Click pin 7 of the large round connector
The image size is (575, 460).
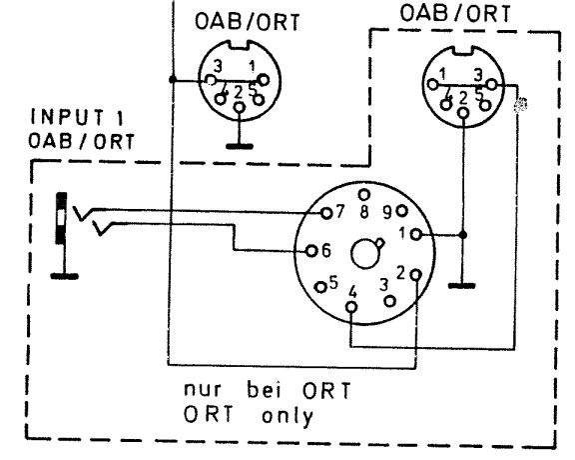pos(326,213)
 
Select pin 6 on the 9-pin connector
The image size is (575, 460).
pos(311,251)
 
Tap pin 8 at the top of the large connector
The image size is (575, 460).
pos(364,195)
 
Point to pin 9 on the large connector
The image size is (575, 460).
pos(402,211)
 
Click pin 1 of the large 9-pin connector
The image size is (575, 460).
pos(416,234)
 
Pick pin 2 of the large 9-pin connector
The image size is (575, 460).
pos(416,274)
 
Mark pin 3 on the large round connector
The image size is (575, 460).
pos(389,302)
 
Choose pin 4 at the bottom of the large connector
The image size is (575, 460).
pos(351,306)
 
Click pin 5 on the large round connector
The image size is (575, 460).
pos(321,287)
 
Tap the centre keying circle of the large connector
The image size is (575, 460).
pos(364,253)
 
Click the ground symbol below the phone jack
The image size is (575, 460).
pos(64,276)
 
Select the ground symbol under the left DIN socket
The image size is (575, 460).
pos(240,146)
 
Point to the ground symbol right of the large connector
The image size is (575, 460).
pos(461,285)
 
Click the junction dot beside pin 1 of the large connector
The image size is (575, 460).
pos(463,235)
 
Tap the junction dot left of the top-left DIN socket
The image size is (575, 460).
pos(173,79)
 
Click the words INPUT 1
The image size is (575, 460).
pos(78,117)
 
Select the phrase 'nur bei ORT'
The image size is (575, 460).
pos(268,390)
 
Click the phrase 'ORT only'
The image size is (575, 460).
pos(249,416)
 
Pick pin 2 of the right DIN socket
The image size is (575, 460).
pos(463,113)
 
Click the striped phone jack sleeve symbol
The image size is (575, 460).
pos(61,218)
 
